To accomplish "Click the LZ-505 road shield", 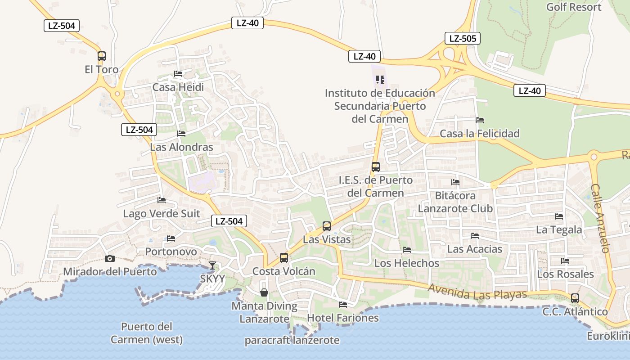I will pyautogui.click(x=462, y=38).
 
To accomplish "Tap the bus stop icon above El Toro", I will pyautogui.click(x=102, y=56).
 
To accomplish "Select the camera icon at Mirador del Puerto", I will pyautogui.click(x=109, y=258).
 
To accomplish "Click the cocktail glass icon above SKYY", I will pyautogui.click(x=212, y=265).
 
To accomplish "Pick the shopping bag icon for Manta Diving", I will pyautogui.click(x=264, y=293).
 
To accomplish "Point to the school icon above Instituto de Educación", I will pyautogui.click(x=380, y=80).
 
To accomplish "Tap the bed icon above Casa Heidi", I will pyautogui.click(x=178, y=74).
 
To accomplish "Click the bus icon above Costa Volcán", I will pyautogui.click(x=284, y=258).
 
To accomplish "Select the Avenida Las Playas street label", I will pyautogui.click(x=477, y=292).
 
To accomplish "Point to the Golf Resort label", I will pyautogui.click(x=574, y=7).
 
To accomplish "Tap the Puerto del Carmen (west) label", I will pyautogui.click(x=147, y=333).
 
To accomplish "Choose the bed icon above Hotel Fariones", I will pyautogui.click(x=343, y=305).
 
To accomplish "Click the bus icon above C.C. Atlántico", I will pyautogui.click(x=575, y=298).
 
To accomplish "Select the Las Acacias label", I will pyautogui.click(x=474, y=249).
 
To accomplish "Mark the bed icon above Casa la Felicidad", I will pyautogui.click(x=480, y=120).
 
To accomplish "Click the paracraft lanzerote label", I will pyautogui.click(x=292, y=340).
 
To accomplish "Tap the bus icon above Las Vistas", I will pyautogui.click(x=327, y=226).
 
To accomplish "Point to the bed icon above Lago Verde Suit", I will pyautogui.click(x=162, y=200).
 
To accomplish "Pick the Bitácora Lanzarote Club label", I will pyautogui.click(x=455, y=202).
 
